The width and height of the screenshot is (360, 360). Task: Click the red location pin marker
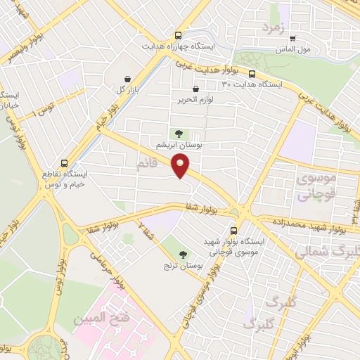181,166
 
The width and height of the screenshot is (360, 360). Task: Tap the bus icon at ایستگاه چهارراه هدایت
179,34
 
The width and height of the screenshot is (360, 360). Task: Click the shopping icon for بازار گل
127,79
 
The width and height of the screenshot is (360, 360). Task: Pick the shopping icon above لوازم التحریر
195,89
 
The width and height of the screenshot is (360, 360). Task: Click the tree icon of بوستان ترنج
183,255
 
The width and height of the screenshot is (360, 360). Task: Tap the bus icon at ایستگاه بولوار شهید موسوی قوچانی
235,230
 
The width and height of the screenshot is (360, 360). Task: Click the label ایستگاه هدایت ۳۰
251,84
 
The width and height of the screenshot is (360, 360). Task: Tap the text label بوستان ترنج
182,266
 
